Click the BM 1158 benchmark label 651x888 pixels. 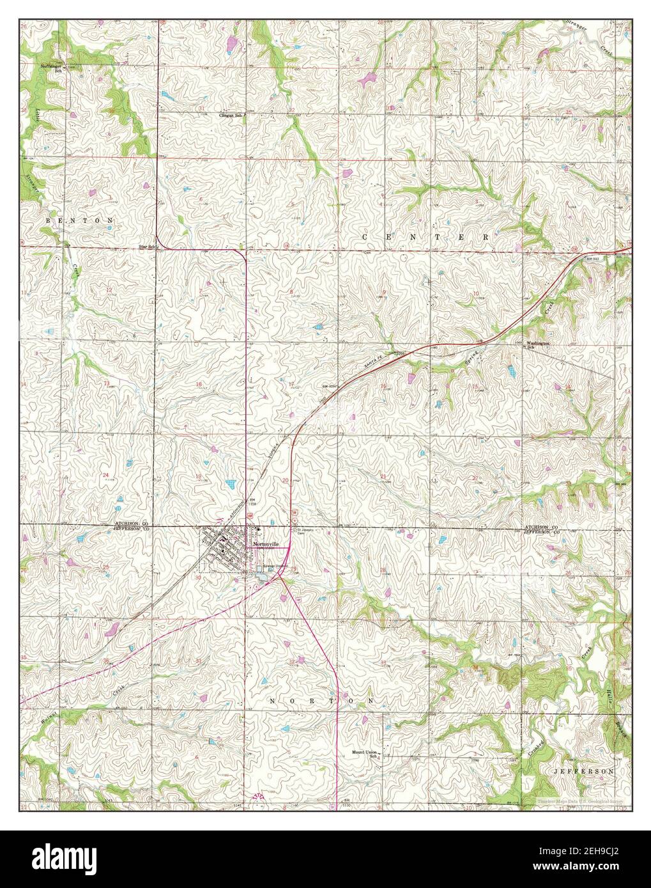pos(254,502)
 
